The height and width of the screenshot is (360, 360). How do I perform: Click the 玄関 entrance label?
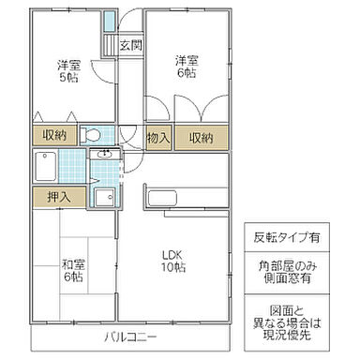pyautogui.click(x=130, y=44)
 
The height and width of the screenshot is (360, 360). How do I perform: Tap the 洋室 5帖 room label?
pyautogui.click(x=67, y=71)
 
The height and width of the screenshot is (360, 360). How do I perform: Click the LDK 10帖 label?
pyautogui.click(x=172, y=261)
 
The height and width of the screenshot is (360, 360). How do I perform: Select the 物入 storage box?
pyautogui.click(x=158, y=138)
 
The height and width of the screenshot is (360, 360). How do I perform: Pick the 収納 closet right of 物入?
pyautogui.click(x=202, y=138)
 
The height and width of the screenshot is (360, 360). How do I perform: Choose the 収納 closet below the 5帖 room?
pyautogui.click(x=53, y=136)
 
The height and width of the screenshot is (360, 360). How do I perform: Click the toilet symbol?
pyautogui.click(x=91, y=134)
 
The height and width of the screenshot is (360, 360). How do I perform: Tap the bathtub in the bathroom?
pyautogui.click(x=47, y=167)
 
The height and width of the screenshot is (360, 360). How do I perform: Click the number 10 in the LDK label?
pyautogui.click(x=165, y=268)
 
